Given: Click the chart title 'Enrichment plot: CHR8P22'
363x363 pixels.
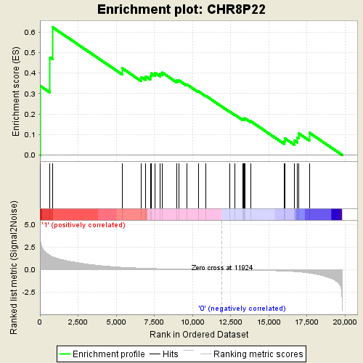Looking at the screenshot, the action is (181, 9).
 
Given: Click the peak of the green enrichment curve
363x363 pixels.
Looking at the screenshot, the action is (53, 27).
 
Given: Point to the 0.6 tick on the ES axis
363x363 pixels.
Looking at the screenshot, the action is (30, 33).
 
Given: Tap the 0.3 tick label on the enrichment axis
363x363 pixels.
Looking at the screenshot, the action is (30, 94).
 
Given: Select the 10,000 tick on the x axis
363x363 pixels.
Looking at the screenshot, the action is (192, 322).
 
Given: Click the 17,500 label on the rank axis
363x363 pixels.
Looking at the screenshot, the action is (306, 322).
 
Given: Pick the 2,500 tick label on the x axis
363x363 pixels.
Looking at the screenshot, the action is (78, 322).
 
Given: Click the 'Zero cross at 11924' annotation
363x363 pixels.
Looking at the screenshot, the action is (222, 268).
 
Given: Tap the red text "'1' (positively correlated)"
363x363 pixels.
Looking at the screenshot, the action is (83, 225).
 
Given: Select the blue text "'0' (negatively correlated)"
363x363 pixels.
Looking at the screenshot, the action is (242, 309).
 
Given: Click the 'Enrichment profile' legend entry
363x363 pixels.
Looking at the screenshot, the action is (102, 354).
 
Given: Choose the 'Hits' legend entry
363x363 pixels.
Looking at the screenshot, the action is (164, 354).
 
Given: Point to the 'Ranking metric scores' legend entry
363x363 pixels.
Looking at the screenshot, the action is (252, 354).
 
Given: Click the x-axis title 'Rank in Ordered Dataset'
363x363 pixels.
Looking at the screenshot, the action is (199, 335).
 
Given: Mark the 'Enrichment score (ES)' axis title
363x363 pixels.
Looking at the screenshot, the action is (16, 91).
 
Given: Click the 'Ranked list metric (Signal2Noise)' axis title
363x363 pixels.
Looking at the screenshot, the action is (14, 267).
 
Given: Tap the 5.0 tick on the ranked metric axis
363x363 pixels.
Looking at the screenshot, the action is (30, 225).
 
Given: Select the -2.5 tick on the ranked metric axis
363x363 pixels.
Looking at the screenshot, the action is (28, 293).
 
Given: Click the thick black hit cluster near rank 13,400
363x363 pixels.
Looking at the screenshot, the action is (244, 186).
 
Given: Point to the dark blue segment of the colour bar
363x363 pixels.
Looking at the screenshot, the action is (336, 214).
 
